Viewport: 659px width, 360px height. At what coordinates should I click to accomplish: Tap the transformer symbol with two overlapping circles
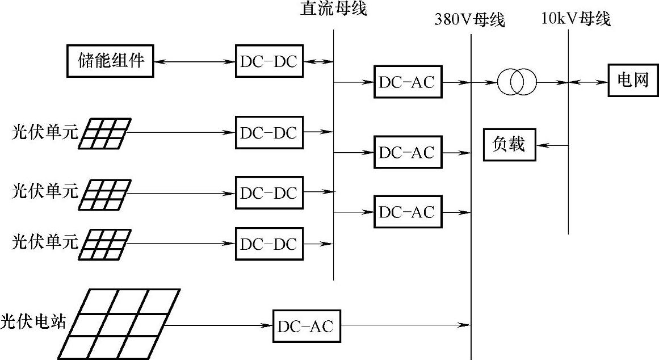point(517,82)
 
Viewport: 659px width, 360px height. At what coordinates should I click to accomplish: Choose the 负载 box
point(509,145)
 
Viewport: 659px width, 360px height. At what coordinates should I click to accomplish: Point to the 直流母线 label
point(333,10)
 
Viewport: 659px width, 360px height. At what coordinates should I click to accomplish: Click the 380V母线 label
point(469,20)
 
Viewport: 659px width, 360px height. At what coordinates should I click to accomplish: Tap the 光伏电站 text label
point(33,322)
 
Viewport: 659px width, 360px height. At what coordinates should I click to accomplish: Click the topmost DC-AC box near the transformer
point(408,82)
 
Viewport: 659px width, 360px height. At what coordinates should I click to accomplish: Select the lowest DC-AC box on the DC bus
point(408,212)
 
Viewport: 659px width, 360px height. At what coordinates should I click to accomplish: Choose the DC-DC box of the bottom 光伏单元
point(269,244)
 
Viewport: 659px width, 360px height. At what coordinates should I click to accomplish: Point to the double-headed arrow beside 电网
point(587,82)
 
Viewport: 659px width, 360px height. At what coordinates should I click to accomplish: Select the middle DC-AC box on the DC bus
point(408,152)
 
